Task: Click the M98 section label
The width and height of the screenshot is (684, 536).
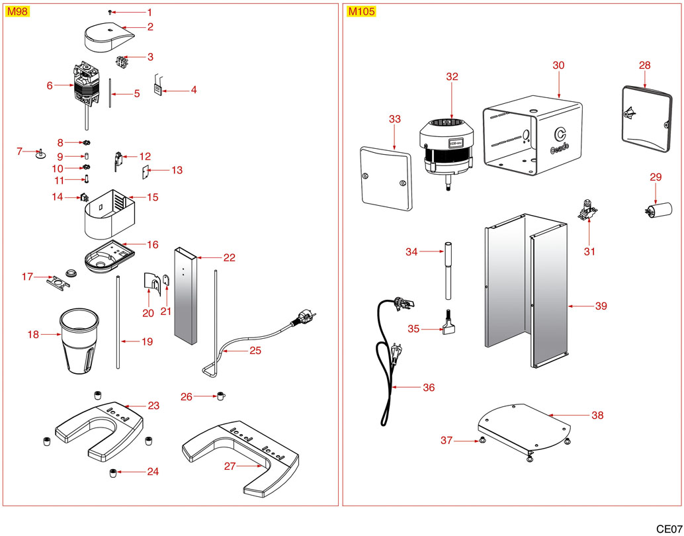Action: (17, 12)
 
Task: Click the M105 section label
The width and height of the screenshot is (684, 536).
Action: (360, 12)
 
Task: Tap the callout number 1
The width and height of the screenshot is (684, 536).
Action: (149, 13)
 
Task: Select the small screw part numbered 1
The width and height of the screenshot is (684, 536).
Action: (110, 13)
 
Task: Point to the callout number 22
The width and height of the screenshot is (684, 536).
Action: (229, 257)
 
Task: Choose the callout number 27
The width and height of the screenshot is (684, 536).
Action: (230, 466)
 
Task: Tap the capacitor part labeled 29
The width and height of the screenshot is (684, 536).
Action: (658, 210)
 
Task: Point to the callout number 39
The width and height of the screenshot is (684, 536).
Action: (601, 306)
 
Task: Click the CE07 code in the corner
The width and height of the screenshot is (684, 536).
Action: (669, 529)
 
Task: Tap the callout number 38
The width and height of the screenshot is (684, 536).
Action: (597, 416)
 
